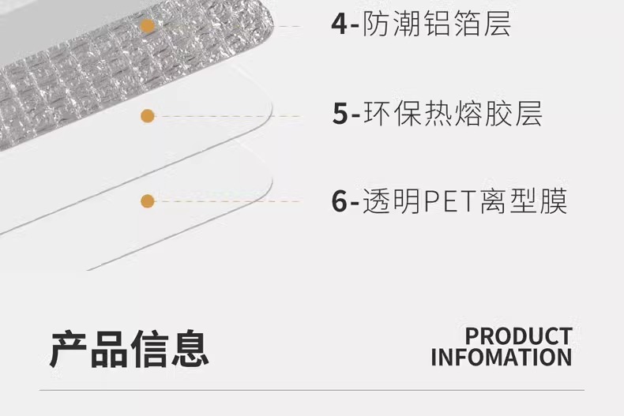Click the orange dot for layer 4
point(148,26)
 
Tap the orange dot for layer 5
point(148,116)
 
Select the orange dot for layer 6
point(148,201)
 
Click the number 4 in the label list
point(340,24)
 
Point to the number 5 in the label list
point(340,114)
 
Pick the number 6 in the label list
point(340,201)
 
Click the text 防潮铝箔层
point(437,24)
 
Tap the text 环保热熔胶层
point(453,114)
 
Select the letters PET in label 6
point(451,201)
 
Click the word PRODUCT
point(519,336)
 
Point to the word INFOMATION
point(502,357)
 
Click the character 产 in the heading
point(69,349)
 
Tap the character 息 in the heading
point(190,348)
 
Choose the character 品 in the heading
point(109,349)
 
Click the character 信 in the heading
point(149,349)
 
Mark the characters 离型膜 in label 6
point(524,201)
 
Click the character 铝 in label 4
point(437,24)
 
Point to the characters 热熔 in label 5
point(453,114)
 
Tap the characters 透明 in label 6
point(392,201)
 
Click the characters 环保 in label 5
point(393,114)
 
